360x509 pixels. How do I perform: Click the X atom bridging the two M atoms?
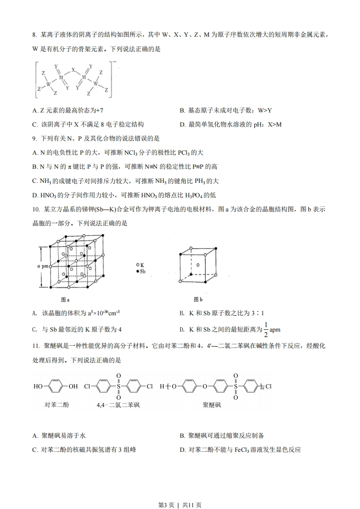[x=73, y=71]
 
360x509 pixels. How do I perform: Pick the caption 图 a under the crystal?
[x=65, y=300]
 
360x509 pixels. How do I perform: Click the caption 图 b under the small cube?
[x=198, y=299]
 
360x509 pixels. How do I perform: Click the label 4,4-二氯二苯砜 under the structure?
[x=118, y=404]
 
